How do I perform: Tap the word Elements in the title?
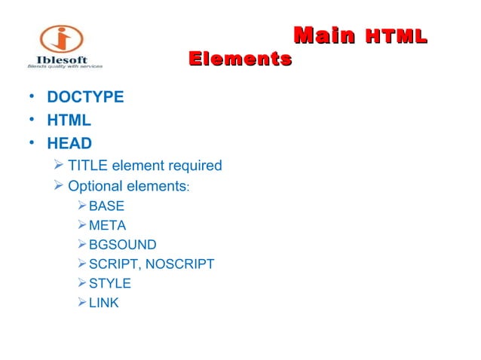[x=240, y=58]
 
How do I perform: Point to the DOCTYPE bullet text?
[x=85, y=98]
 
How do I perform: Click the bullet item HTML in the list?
[x=69, y=121]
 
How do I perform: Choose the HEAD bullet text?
[x=69, y=143]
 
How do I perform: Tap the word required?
[x=196, y=166]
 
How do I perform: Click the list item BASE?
[x=106, y=206]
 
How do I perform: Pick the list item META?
[x=107, y=225]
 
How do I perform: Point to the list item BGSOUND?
[x=123, y=245]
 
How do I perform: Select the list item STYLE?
[x=110, y=284]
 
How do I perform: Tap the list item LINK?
[x=104, y=304]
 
